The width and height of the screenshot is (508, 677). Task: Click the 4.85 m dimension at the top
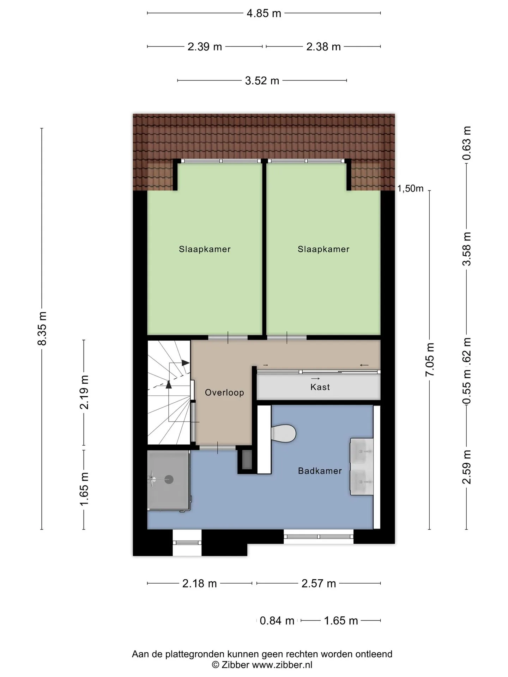[264, 13]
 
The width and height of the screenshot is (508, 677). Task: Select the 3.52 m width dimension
[262, 81]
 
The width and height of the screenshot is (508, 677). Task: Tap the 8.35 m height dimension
[42, 328]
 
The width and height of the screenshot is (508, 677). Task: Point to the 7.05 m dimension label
[430, 359]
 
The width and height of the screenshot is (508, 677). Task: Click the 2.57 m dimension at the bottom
[319, 584]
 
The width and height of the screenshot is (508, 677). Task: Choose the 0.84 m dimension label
[277, 621]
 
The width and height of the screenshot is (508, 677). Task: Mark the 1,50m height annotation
[410, 189]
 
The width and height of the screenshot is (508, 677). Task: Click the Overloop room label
[224, 392]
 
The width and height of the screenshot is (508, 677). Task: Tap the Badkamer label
[320, 471]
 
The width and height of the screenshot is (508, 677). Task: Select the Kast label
[320, 387]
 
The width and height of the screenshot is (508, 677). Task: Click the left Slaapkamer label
[205, 249]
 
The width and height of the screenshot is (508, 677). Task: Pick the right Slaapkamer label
[323, 249]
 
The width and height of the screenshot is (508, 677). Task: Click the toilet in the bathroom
[283, 433]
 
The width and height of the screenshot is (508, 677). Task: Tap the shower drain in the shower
[169, 479]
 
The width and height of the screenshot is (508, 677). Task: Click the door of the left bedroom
[228, 337]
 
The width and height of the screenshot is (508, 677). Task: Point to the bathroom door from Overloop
[218, 447]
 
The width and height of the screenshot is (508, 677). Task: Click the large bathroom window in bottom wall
[319, 536]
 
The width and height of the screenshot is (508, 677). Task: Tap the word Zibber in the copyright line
[235, 665]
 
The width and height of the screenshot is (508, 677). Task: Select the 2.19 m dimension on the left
[84, 392]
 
